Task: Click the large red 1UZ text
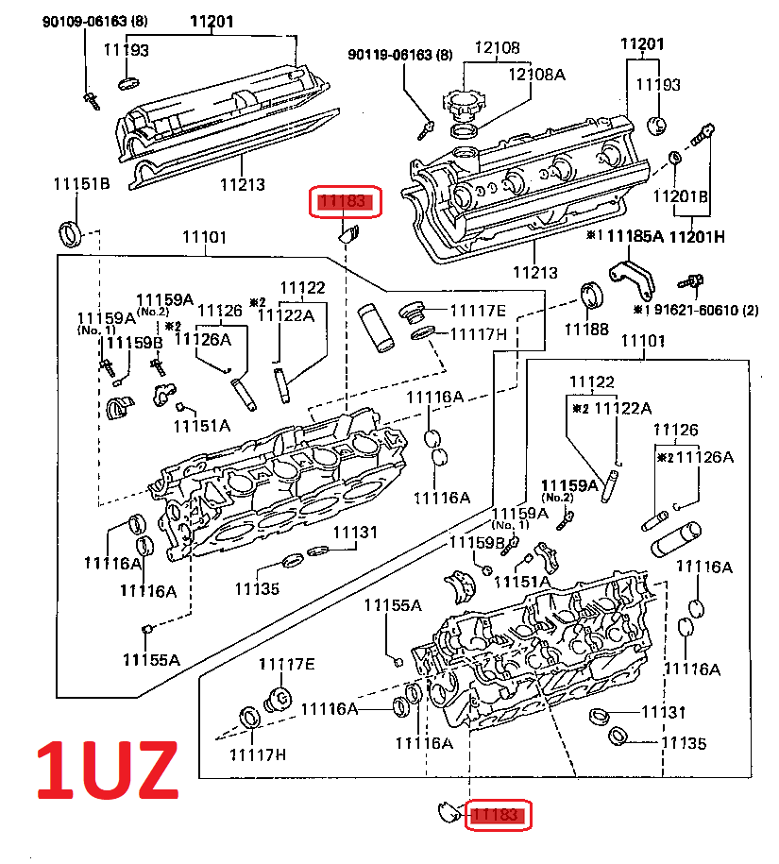tap(107, 770)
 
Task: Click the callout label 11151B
tap(81, 183)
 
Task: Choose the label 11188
tap(586, 329)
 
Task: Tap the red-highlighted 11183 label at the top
tap(347, 201)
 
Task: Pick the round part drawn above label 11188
tap(591, 294)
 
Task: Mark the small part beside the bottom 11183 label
tap(445, 808)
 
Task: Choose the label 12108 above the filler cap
tap(497, 47)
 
